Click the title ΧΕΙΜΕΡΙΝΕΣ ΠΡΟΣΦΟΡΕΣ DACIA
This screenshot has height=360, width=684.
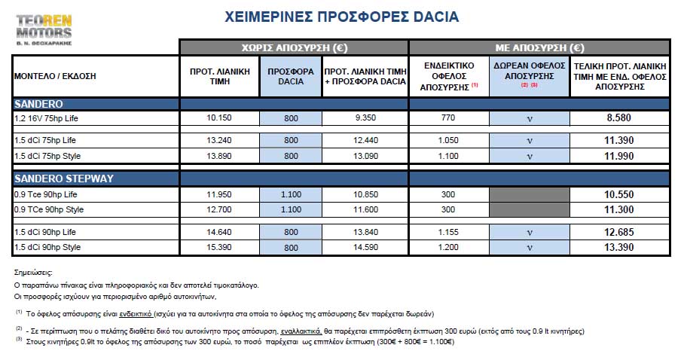pyautogui.click(x=342, y=17)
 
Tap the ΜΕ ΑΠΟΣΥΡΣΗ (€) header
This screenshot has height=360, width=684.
pyautogui.click(x=539, y=47)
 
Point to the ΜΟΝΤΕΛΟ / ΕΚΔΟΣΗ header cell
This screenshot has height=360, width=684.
pyautogui.click(x=55, y=76)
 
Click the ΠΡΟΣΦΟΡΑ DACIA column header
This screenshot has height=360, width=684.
pyautogui.click(x=291, y=76)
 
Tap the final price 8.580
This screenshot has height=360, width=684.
pyautogui.click(x=619, y=119)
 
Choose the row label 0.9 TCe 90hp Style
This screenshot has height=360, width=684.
pyautogui.click(x=49, y=209)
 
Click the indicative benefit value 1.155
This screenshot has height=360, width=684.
pyautogui.click(x=449, y=233)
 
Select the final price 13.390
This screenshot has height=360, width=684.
pyautogui.click(x=619, y=248)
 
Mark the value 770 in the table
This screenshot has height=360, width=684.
pyautogui.click(x=449, y=119)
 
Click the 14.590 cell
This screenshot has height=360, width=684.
pyautogui.click(x=365, y=248)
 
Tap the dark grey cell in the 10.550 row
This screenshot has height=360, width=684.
pyautogui.click(x=529, y=194)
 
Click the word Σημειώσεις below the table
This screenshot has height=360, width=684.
pyautogui.click(x=34, y=272)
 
